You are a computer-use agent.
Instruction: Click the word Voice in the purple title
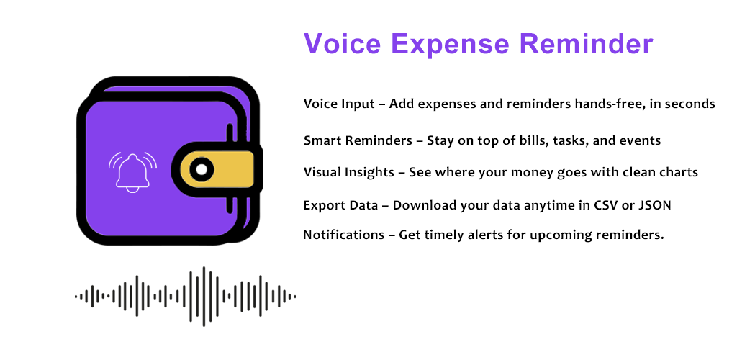pos(342,44)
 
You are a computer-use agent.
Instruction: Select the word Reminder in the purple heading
pos(587,44)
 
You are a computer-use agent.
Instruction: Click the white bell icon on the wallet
pos(132,172)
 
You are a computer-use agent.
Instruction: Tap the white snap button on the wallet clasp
pos(202,170)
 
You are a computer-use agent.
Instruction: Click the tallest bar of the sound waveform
pos(204,297)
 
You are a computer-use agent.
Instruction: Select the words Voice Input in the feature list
pos(340,104)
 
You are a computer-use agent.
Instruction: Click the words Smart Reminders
pos(358,140)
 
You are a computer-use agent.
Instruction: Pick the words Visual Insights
pos(349,173)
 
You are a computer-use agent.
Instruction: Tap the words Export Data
pos(340,206)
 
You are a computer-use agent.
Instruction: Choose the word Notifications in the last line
pos(343,235)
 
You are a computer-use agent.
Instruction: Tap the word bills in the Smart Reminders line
pos(537,140)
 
